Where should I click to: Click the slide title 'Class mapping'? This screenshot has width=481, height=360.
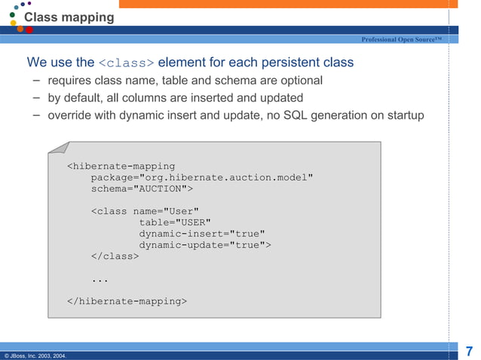69,17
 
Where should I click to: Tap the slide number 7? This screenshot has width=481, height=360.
469,350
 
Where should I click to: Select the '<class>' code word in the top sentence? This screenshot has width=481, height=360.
127,63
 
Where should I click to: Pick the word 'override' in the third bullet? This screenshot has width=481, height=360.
69,116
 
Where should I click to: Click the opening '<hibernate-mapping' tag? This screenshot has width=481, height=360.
121,166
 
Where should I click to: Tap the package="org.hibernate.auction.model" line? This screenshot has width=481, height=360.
202,177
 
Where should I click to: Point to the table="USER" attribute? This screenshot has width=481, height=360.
175,222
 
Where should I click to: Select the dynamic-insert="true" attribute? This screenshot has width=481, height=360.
202,233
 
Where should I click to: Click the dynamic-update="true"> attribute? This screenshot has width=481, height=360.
205,245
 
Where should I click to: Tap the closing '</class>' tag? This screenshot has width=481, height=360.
115,256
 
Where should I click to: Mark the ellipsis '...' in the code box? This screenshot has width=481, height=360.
100,279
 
